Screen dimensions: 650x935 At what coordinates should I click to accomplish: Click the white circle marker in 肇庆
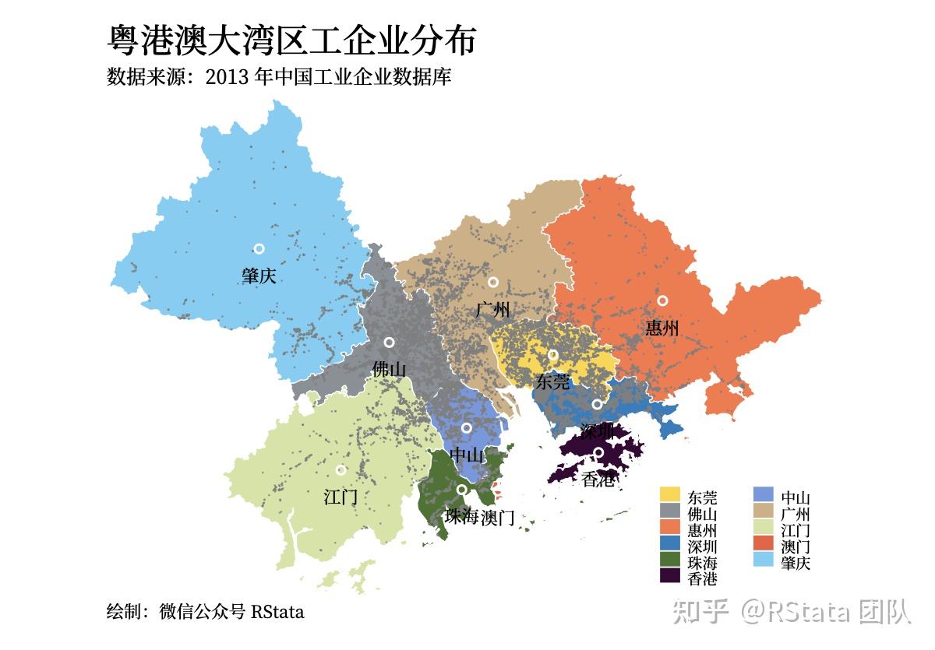coord(259,248)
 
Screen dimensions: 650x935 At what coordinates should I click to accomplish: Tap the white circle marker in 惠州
coord(662,300)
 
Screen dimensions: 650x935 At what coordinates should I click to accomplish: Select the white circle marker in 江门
coord(340,469)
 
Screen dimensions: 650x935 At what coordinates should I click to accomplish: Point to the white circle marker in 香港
coord(598,452)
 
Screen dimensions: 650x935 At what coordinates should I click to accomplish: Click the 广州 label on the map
coord(492,310)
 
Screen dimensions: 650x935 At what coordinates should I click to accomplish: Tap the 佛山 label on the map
coord(389,370)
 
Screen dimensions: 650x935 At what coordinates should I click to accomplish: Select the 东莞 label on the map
coord(553,381)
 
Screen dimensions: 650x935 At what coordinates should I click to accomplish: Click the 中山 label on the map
coord(467,455)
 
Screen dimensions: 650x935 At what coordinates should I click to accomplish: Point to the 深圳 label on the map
coord(597,430)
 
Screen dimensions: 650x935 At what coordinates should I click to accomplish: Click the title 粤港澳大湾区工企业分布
coord(291,40)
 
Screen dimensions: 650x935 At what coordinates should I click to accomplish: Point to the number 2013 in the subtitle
coord(228,78)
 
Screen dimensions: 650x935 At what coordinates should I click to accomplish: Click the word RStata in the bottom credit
coord(277,612)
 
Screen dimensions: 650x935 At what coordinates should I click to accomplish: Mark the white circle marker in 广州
coord(492,282)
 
